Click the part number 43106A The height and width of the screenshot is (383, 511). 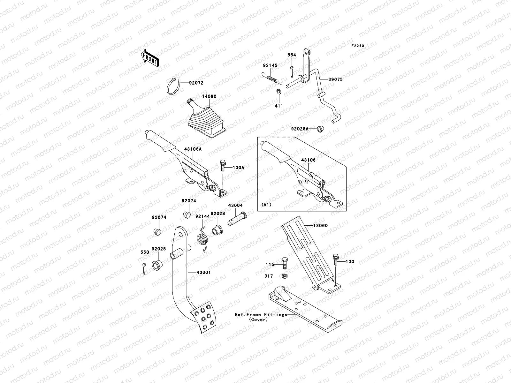(193, 148)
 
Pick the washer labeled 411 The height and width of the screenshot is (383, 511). (278, 92)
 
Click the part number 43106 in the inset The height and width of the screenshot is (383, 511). (308, 160)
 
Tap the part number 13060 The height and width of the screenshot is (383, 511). (320, 226)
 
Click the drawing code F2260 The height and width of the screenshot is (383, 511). (358, 46)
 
